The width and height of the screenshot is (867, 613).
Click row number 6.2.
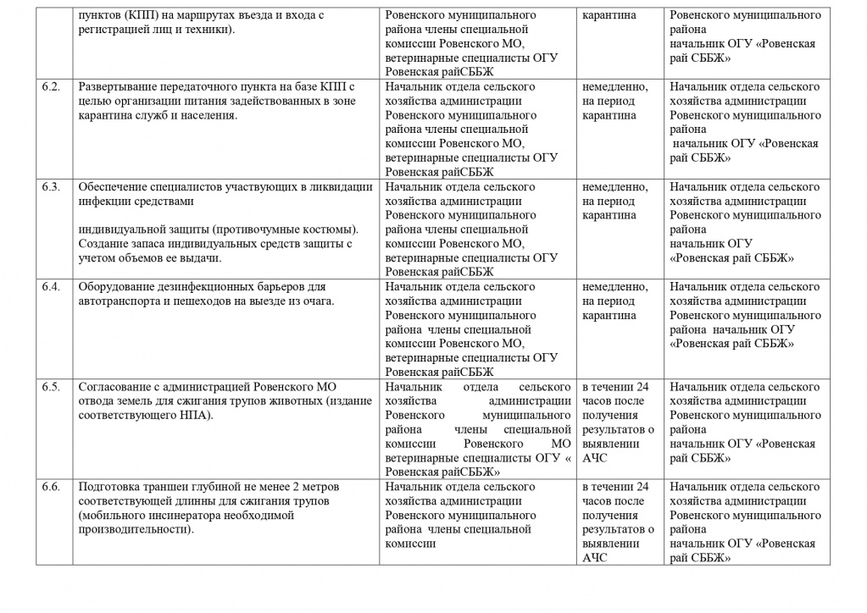51,87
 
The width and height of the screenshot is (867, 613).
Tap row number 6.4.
51,287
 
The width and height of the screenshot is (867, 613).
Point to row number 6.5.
51,387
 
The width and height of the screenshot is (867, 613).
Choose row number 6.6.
51,487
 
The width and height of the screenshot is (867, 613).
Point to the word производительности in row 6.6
131,529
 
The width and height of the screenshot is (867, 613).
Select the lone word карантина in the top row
609,16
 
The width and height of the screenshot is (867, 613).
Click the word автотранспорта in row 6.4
117,301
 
